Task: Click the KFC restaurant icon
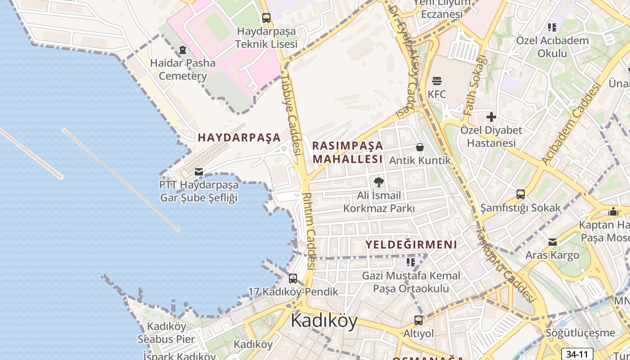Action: pyautogui.click(x=436, y=81)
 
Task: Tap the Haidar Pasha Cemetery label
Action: pyautogui.click(x=183, y=69)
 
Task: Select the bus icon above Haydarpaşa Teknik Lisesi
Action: pyautogui.click(x=266, y=18)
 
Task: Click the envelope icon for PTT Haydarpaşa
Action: pyautogui.click(x=198, y=172)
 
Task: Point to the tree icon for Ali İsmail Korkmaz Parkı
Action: pyautogui.click(x=379, y=182)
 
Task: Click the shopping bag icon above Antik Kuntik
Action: pyautogui.click(x=420, y=147)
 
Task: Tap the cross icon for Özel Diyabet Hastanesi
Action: pyautogui.click(x=491, y=117)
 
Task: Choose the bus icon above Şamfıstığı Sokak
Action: pyautogui.click(x=521, y=194)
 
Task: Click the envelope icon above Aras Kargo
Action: pyautogui.click(x=553, y=242)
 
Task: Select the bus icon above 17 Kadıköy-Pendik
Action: pyautogui.click(x=293, y=279)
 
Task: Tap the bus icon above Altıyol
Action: pyautogui.click(x=418, y=320)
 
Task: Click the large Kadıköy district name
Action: pyautogui.click(x=324, y=320)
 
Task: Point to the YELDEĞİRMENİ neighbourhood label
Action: pyautogui.click(x=411, y=245)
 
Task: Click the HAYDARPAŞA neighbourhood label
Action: pyautogui.click(x=239, y=138)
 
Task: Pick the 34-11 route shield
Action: pyautogui.click(x=577, y=354)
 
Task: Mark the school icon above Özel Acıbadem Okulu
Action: pyautogui.click(x=552, y=27)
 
